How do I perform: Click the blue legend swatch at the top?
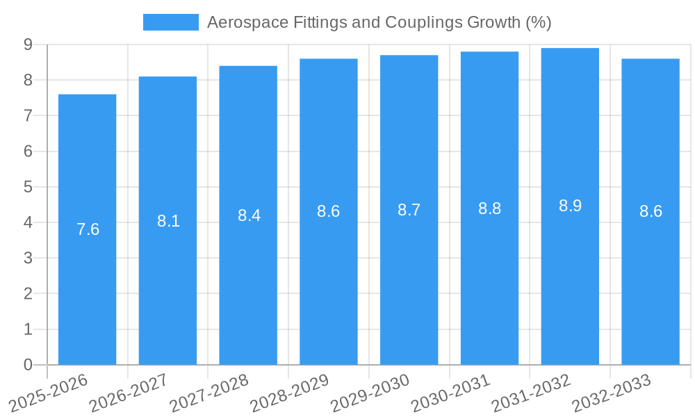170,22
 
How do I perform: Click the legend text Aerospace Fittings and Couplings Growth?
379,22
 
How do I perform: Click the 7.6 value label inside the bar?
88,229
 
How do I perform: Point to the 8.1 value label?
168,221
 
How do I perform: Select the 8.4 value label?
249,215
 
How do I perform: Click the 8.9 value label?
570,206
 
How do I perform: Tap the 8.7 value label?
409,210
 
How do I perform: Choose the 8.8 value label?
489,208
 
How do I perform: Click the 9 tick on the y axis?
28,44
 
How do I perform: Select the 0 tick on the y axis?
28,365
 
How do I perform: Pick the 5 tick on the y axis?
28,187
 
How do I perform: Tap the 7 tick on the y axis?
28,116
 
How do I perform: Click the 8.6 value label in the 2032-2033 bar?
651,212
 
